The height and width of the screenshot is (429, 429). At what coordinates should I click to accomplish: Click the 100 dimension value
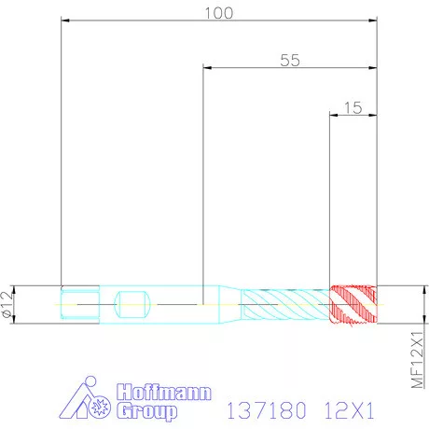pos(218,13)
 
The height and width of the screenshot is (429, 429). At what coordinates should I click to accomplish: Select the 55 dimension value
pos(290,61)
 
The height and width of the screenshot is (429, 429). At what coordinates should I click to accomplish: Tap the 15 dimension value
pos(353,108)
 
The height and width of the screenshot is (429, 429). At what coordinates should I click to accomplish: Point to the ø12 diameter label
pos(7,304)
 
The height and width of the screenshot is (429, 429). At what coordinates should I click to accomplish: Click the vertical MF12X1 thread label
pos(417,360)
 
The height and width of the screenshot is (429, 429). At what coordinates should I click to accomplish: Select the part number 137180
pos(267,410)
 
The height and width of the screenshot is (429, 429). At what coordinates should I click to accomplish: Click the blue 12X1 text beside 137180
pos(349,410)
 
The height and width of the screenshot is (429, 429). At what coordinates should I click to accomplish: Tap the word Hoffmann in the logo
pos(164,393)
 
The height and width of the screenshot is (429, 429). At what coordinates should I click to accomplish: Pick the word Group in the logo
pos(147,411)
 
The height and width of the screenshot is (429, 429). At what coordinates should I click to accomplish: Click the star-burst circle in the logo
pos(100,407)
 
